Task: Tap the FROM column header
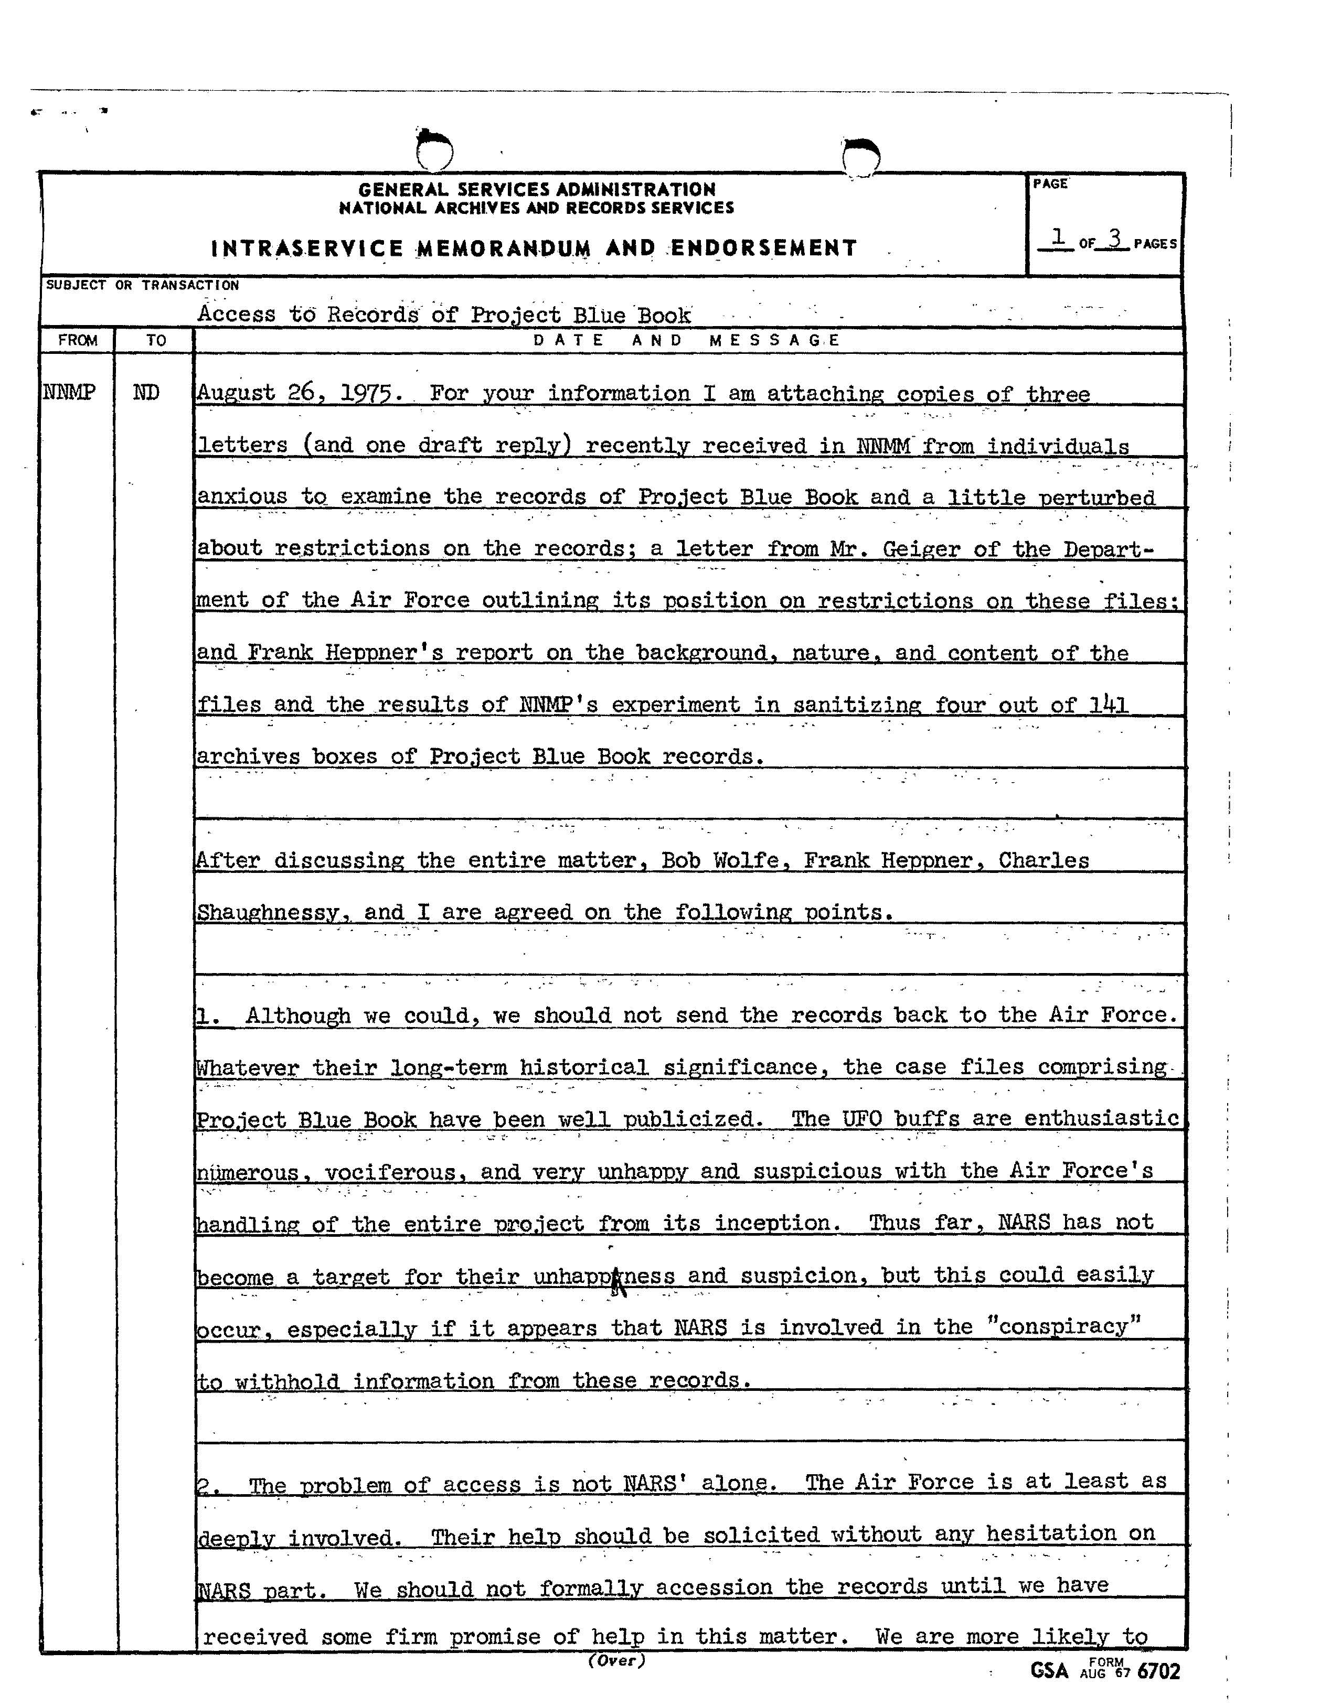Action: point(78,340)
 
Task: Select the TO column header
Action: point(156,340)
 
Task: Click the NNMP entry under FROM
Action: point(70,392)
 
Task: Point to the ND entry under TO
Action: point(146,392)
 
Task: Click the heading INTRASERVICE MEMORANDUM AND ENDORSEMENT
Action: point(534,249)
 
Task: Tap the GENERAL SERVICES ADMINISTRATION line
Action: point(536,189)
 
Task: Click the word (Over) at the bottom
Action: point(616,1660)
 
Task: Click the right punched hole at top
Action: point(862,156)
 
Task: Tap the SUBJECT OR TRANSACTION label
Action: point(142,285)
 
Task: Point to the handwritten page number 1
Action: point(1058,236)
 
